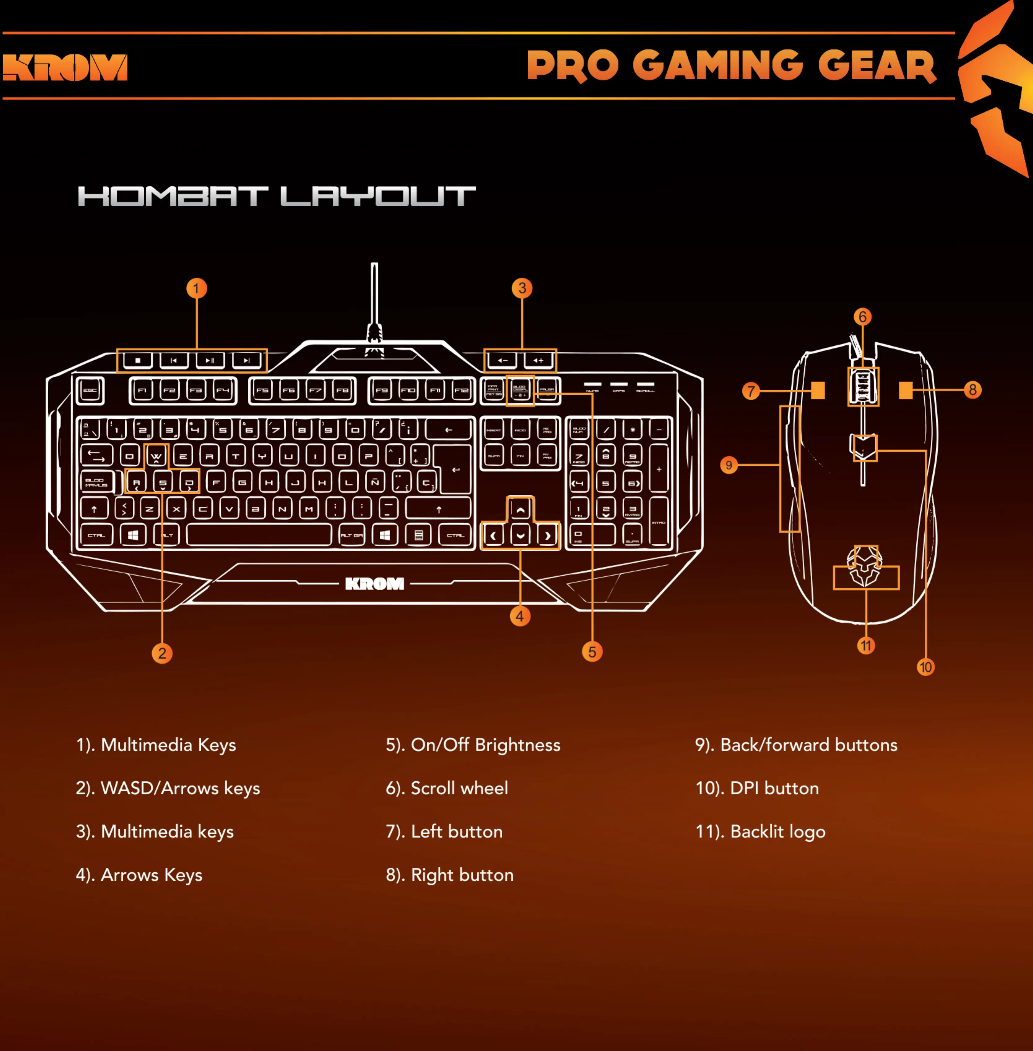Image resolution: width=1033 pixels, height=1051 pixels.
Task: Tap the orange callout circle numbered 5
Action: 592,652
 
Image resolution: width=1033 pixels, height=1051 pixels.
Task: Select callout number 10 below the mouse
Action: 926,667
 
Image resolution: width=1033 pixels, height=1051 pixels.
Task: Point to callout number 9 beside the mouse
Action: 728,465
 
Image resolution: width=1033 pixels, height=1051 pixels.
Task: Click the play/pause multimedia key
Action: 210,360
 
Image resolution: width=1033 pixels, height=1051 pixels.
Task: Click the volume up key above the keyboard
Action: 538,360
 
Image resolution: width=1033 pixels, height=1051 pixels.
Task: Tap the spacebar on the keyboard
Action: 259,535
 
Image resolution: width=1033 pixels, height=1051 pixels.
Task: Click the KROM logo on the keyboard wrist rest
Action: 374,584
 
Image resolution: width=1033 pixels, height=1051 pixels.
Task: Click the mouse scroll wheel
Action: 863,386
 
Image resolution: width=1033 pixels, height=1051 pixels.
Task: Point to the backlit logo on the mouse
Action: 865,567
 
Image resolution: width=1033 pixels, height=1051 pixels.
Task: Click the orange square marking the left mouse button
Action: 818,391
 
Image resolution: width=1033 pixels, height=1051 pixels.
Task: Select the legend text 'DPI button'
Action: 774,788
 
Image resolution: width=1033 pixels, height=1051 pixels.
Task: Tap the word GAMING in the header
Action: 717,66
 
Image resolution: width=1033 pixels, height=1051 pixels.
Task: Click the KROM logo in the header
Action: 65,67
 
